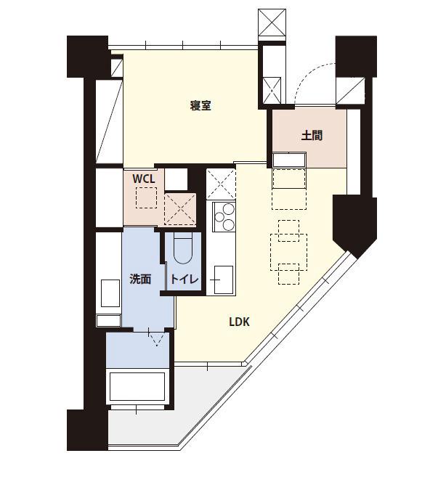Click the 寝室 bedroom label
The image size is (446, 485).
(200, 106)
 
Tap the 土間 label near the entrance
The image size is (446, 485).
(312, 136)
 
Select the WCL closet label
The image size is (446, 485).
(144, 179)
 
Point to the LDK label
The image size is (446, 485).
(239, 322)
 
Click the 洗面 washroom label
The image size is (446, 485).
(140, 280)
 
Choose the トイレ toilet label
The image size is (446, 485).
(185, 280)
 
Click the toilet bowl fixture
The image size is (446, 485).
(183, 248)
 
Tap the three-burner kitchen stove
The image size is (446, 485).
(224, 216)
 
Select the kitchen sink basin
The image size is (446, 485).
(224, 280)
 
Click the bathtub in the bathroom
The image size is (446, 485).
(137, 386)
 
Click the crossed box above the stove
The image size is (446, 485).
(221, 184)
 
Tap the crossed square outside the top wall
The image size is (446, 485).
(272, 23)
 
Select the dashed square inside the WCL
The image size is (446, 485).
(147, 197)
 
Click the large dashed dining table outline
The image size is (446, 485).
(289, 252)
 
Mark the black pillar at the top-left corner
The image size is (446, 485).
(88, 57)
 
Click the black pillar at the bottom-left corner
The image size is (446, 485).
(88, 430)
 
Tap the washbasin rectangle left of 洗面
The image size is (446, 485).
(110, 293)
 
